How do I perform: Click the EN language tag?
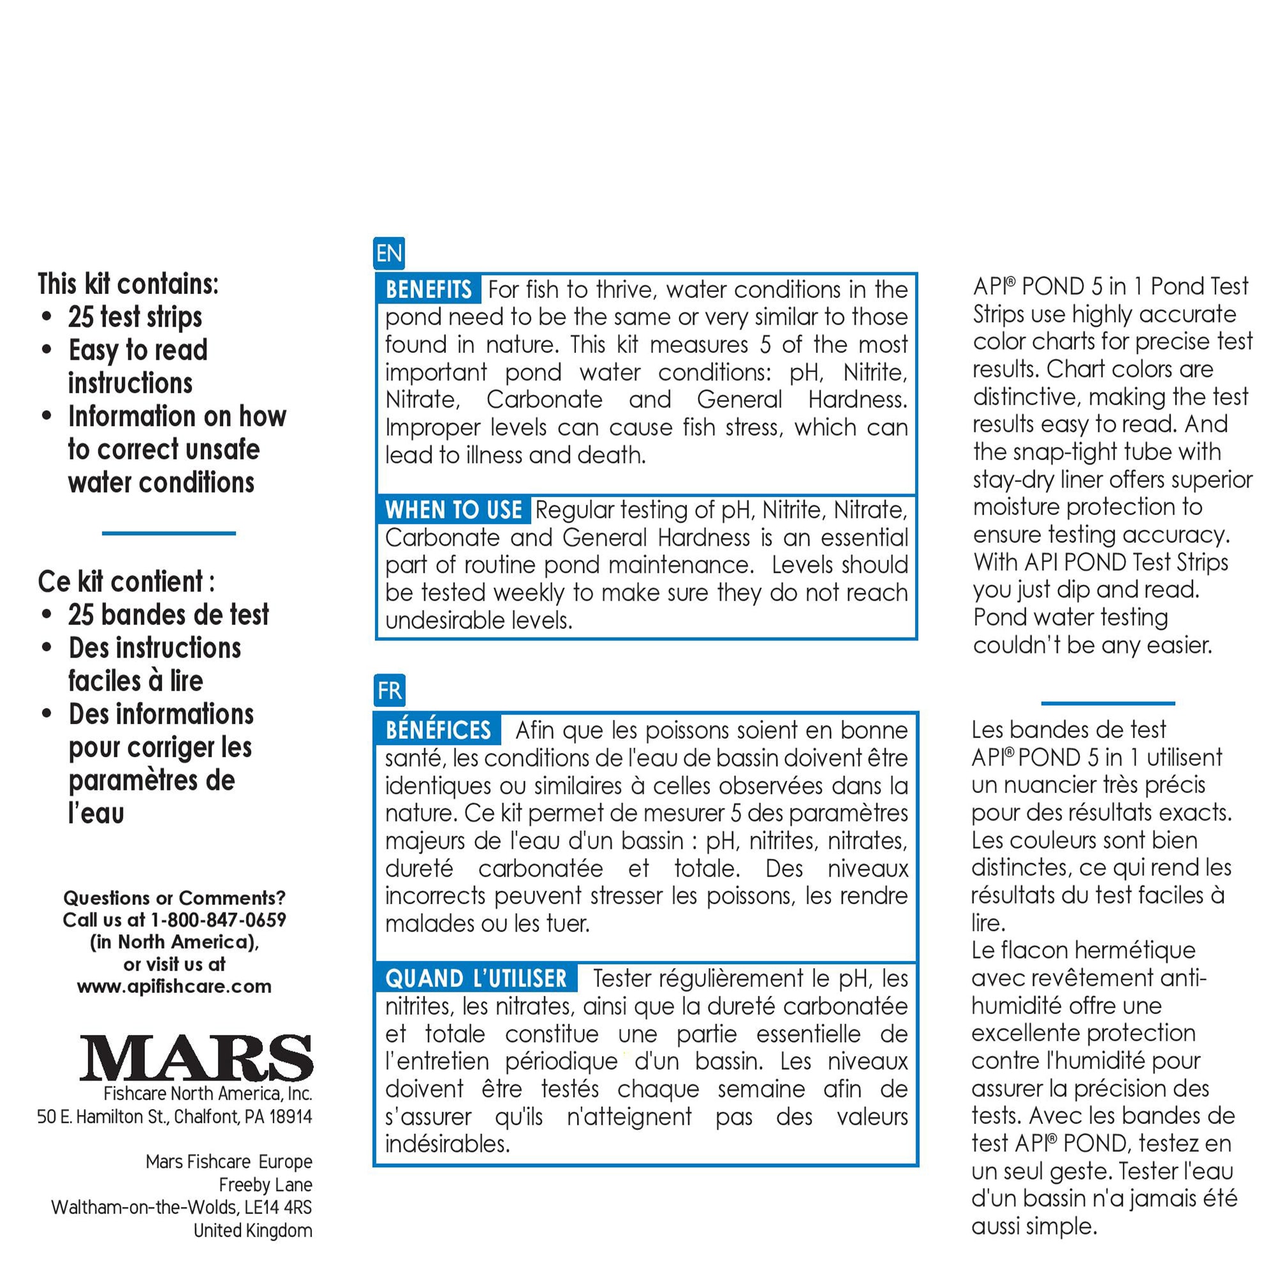tap(389, 253)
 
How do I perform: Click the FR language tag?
tap(389, 691)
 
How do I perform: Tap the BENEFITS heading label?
tap(429, 289)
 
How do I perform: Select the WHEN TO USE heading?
tap(454, 510)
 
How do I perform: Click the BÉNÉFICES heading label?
tap(438, 730)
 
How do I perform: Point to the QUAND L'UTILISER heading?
tap(475, 978)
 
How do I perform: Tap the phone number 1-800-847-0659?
tap(219, 920)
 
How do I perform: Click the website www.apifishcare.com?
tap(174, 986)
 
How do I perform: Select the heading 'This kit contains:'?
tap(128, 284)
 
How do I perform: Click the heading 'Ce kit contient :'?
tap(127, 581)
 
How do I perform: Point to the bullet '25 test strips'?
tap(135, 317)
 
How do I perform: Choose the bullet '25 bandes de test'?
tap(169, 615)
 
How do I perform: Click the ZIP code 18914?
tap(290, 1116)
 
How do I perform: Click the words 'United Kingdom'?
tap(252, 1230)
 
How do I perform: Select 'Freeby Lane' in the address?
tap(265, 1185)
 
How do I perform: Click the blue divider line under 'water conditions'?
tap(169, 533)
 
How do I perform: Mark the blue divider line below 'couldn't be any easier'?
tap(1108, 703)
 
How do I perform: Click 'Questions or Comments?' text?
tap(174, 898)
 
